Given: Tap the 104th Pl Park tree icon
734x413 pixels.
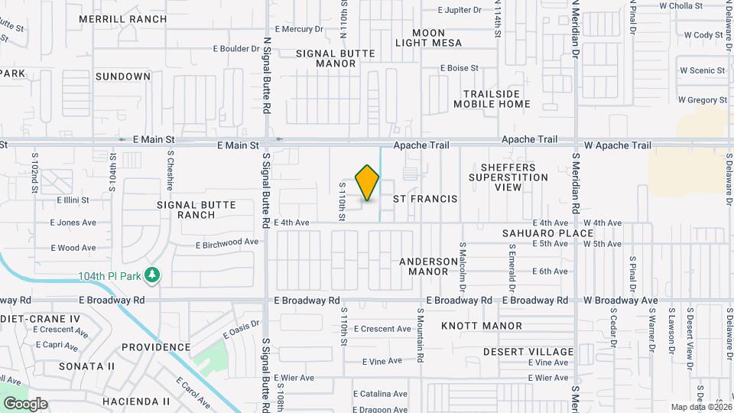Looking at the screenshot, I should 152,275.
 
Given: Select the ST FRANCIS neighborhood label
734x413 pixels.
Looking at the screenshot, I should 425,199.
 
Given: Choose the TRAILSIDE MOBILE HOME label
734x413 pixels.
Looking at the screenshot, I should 492,99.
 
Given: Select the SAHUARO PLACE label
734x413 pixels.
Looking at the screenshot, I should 547,233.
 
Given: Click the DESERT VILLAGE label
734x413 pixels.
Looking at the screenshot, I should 528,352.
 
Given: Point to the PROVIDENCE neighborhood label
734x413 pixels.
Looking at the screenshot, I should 155,346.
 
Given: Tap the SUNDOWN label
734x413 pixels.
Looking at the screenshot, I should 123,76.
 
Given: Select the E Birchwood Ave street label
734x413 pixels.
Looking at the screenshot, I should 227,242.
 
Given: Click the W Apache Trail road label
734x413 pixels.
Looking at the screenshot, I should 619,145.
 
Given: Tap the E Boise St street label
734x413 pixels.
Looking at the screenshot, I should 459,68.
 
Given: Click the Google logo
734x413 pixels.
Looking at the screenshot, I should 24,404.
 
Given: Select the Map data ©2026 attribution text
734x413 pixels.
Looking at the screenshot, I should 700,407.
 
